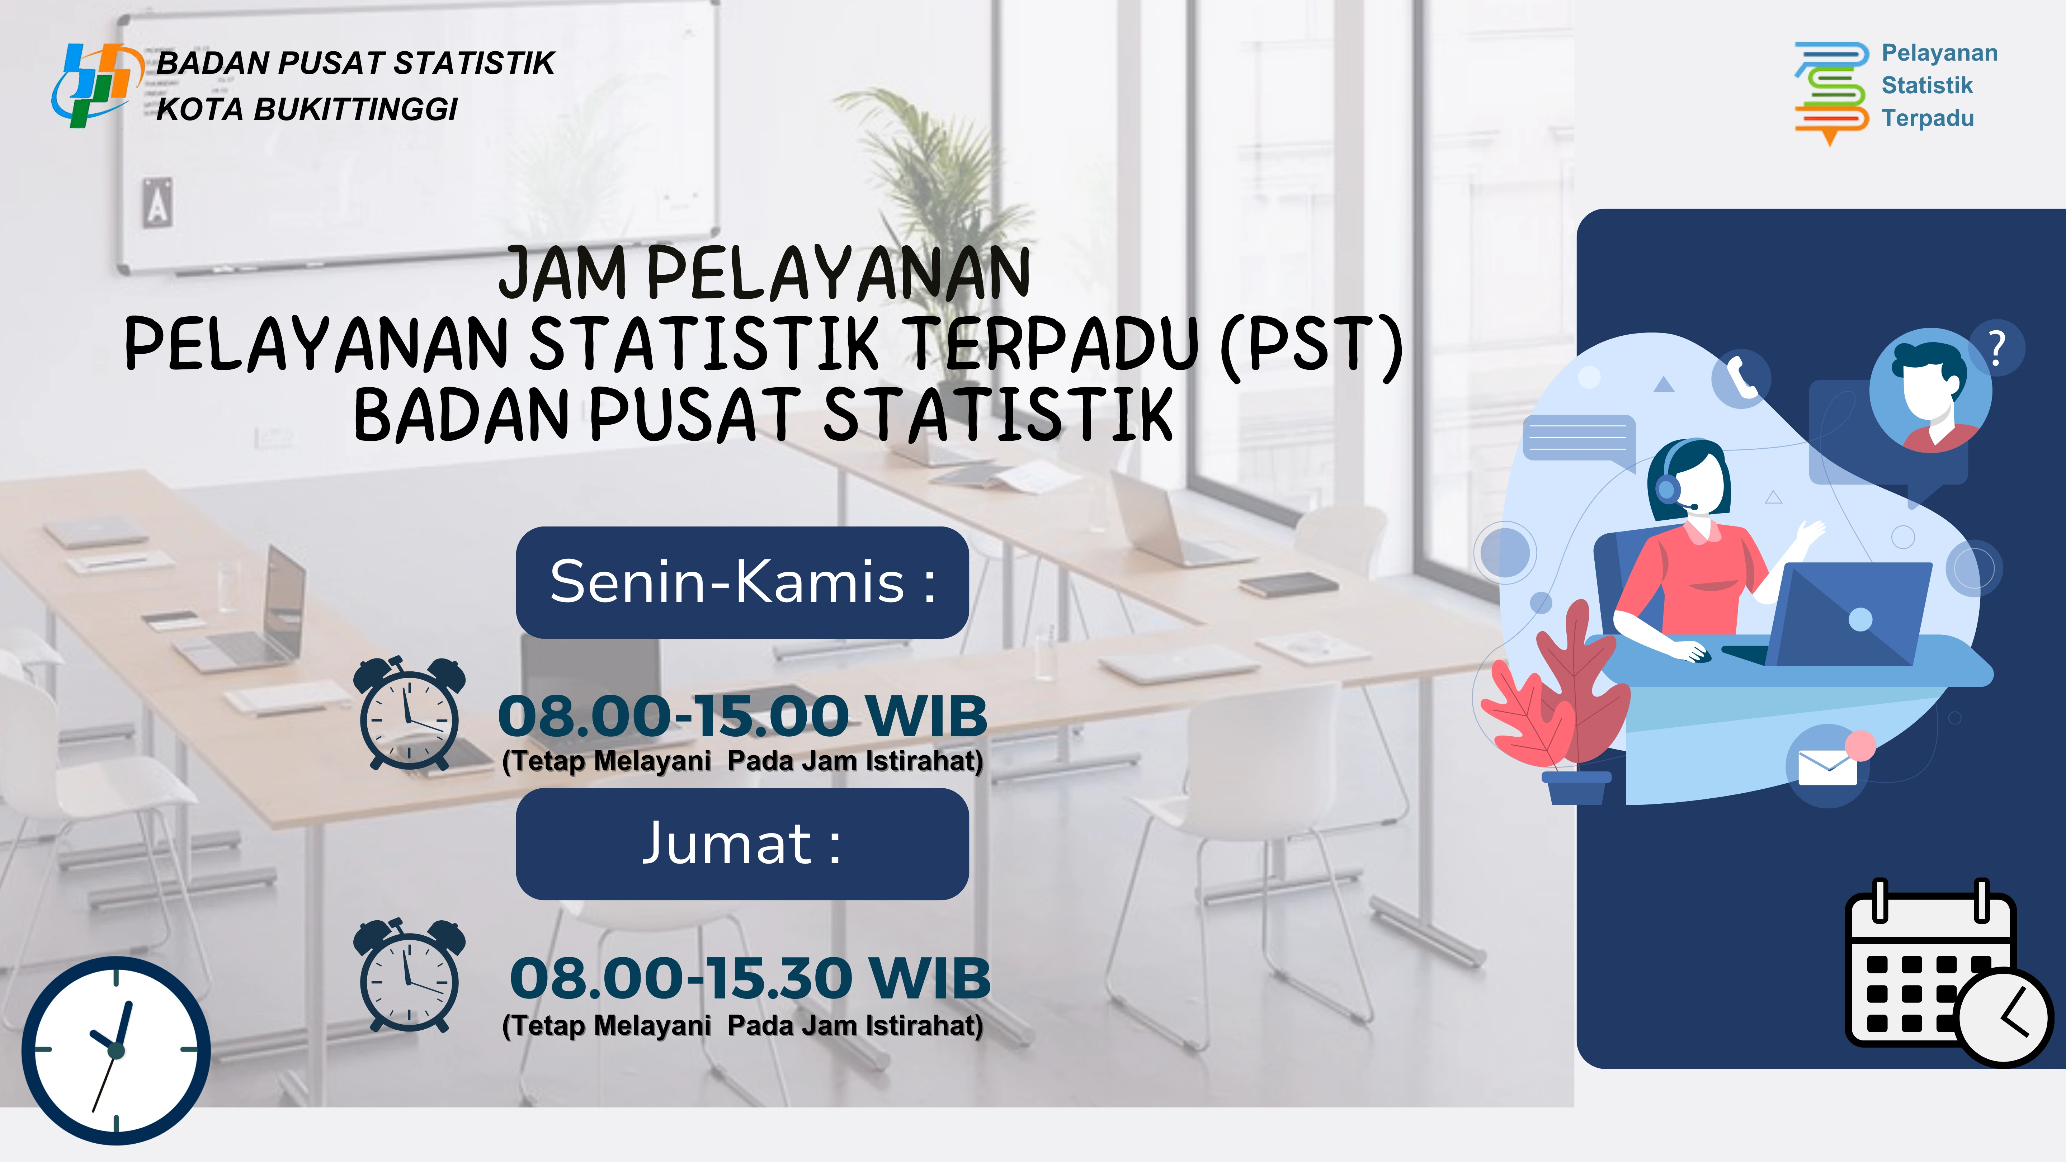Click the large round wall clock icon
pyautogui.click(x=116, y=1050)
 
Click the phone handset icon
pyautogui.click(x=1740, y=377)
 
